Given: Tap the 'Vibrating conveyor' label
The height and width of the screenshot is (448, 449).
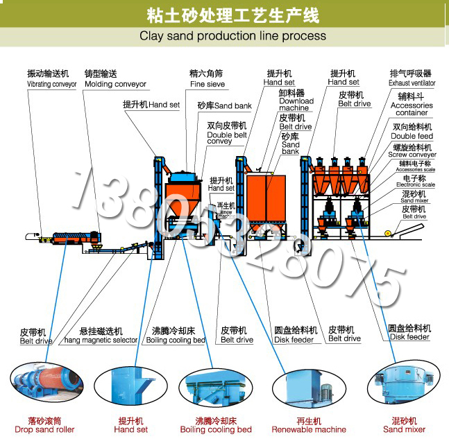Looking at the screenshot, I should click(x=51, y=84).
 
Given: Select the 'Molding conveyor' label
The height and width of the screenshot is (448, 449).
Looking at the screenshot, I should click(x=115, y=84).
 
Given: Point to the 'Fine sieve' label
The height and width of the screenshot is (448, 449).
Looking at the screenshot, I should click(x=207, y=84).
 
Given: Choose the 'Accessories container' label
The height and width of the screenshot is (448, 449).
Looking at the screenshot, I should click(x=412, y=110).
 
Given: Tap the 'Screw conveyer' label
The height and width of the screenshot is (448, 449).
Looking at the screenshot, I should click(x=412, y=155).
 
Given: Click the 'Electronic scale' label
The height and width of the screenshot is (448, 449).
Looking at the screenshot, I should click(x=415, y=185).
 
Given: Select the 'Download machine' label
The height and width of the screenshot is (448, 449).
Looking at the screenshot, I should click(x=296, y=105).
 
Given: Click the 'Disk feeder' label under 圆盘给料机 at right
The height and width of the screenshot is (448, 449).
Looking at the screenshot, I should click(x=409, y=338).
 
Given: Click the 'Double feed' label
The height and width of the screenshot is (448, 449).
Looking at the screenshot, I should click(x=412, y=137).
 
